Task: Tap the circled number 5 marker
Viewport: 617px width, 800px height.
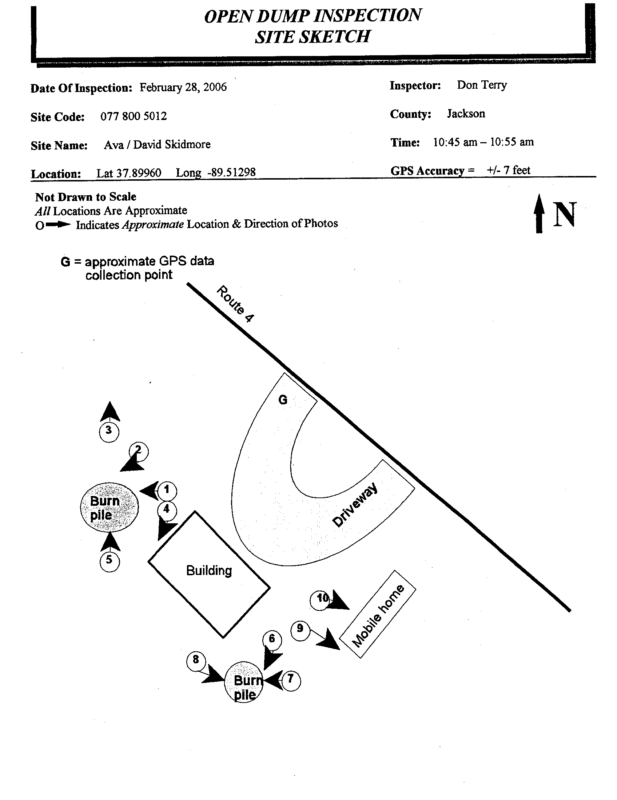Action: pos(110,561)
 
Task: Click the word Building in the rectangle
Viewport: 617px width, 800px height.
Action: pos(209,570)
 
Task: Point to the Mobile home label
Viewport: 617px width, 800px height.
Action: pos(378,616)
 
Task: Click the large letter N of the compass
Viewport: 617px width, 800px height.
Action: pos(565,214)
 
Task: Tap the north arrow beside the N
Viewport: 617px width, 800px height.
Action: pos(539,213)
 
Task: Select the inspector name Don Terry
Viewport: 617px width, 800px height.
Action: pos(482,85)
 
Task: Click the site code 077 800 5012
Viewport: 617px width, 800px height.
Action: pos(134,116)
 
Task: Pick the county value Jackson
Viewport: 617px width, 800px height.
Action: pos(466,113)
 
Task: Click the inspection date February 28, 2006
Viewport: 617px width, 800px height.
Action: pos(183,87)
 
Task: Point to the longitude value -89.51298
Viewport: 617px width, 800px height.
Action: pos(232,172)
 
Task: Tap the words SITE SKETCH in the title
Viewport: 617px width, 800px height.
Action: pos(313,37)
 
